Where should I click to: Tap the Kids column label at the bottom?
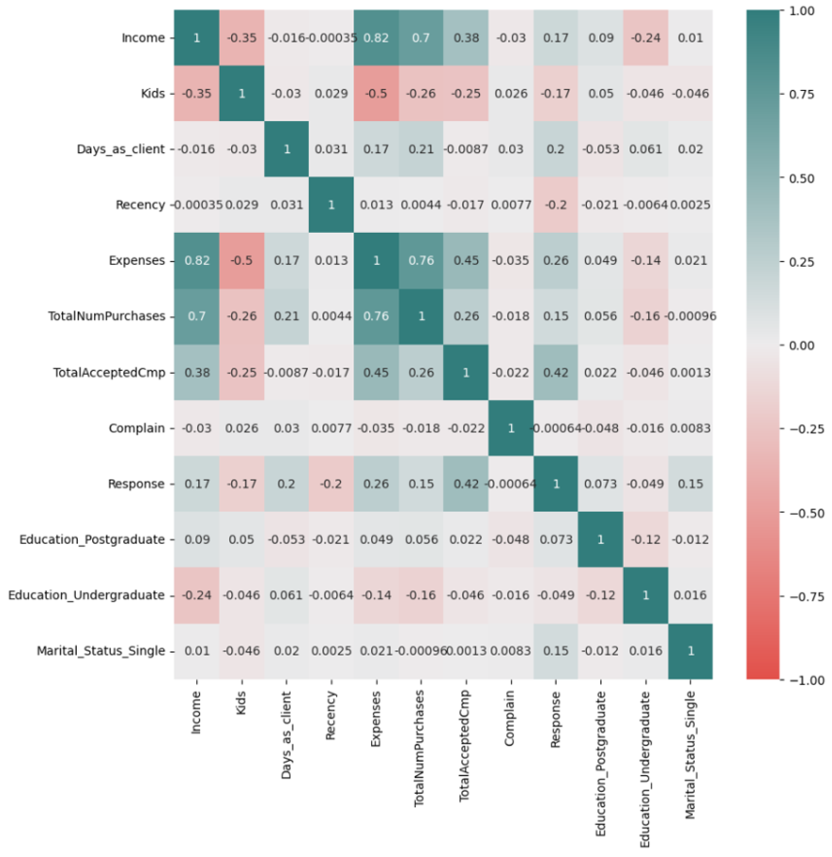[x=241, y=703]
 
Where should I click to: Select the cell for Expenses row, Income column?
[x=197, y=261]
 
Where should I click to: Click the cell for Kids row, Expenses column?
[x=376, y=94]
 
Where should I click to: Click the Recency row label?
[x=140, y=205]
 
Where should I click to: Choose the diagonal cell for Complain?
[x=511, y=428]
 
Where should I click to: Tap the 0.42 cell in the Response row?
[x=466, y=484]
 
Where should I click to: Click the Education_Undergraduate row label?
[x=86, y=595]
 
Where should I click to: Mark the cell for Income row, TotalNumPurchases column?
[x=421, y=38]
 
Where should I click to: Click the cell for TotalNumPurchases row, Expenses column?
[x=376, y=316]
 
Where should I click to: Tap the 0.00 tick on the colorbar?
[x=801, y=346]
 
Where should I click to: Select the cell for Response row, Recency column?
[x=331, y=484]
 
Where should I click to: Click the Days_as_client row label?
[x=121, y=149]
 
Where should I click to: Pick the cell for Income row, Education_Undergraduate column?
[x=645, y=38]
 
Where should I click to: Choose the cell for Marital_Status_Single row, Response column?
[x=556, y=651]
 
